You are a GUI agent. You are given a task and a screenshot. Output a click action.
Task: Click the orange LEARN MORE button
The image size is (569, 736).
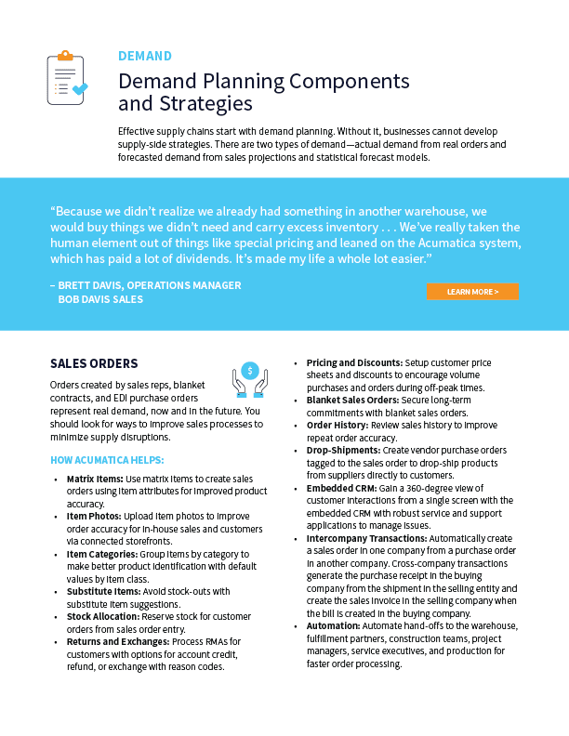472,292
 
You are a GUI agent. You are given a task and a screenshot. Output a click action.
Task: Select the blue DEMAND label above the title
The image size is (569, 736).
145,56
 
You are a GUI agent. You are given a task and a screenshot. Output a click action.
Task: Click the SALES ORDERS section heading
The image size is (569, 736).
94,363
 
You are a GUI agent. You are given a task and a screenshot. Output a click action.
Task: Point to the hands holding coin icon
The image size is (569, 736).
249,379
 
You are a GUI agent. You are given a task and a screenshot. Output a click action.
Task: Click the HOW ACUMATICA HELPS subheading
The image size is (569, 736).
107,460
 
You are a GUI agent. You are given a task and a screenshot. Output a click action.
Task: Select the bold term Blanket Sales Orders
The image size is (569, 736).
352,400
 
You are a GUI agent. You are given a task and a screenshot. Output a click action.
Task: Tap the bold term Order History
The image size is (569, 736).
337,424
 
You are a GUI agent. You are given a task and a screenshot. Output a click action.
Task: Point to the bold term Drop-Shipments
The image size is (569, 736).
341,449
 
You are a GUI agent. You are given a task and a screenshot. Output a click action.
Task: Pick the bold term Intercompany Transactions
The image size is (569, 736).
364,538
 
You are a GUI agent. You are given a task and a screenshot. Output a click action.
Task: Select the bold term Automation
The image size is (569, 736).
334,626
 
